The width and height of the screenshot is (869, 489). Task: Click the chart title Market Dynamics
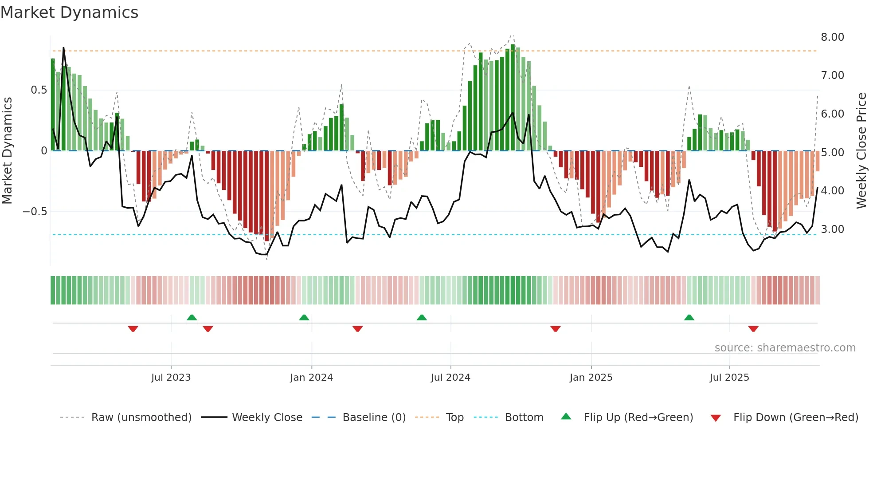coord(69,12)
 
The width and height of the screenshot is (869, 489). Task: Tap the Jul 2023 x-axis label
coord(171,378)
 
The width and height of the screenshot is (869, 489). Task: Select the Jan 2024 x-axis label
coord(311,378)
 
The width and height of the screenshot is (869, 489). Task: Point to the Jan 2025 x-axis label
coord(591,378)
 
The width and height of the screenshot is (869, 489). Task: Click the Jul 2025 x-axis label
coord(729,378)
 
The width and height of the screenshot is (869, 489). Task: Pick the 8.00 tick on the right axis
coord(832,37)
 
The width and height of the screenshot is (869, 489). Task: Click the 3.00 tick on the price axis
coord(832,229)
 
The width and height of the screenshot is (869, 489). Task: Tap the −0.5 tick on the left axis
coord(35,212)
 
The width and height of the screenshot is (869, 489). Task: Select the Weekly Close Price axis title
coord(861,150)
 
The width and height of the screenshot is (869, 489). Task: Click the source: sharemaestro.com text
coord(785,348)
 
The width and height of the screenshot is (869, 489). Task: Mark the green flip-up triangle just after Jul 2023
coord(192,318)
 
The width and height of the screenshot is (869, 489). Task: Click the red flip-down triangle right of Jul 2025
coord(753,329)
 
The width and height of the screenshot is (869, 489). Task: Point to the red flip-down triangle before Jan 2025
coord(555,329)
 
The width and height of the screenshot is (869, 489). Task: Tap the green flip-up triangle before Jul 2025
coord(689,318)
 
